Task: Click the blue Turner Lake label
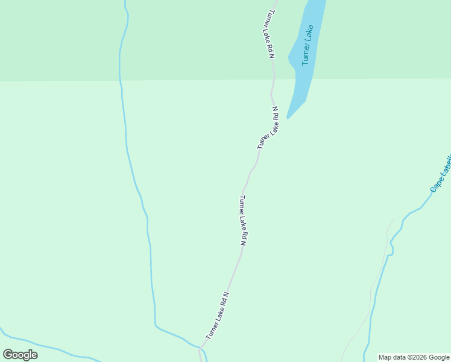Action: pyautogui.click(x=308, y=45)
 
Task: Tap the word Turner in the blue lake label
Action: pyautogui.click(x=306, y=55)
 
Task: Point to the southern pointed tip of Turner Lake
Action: pyautogui.click(x=288, y=118)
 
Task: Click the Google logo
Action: pyautogui.click(x=20, y=355)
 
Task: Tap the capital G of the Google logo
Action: pyautogui.click(x=8, y=355)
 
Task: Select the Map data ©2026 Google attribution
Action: pyautogui.click(x=414, y=358)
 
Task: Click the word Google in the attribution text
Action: pyautogui.click(x=438, y=358)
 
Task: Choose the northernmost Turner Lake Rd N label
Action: pyautogui.click(x=270, y=34)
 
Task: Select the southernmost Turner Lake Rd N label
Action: pyautogui.click(x=218, y=316)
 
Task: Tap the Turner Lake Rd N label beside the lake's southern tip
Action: pyautogui.click(x=268, y=128)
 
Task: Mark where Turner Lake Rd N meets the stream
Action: pyautogui.click(x=200, y=348)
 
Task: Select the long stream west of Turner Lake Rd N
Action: pyautogui.click(x=127, y=145)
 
